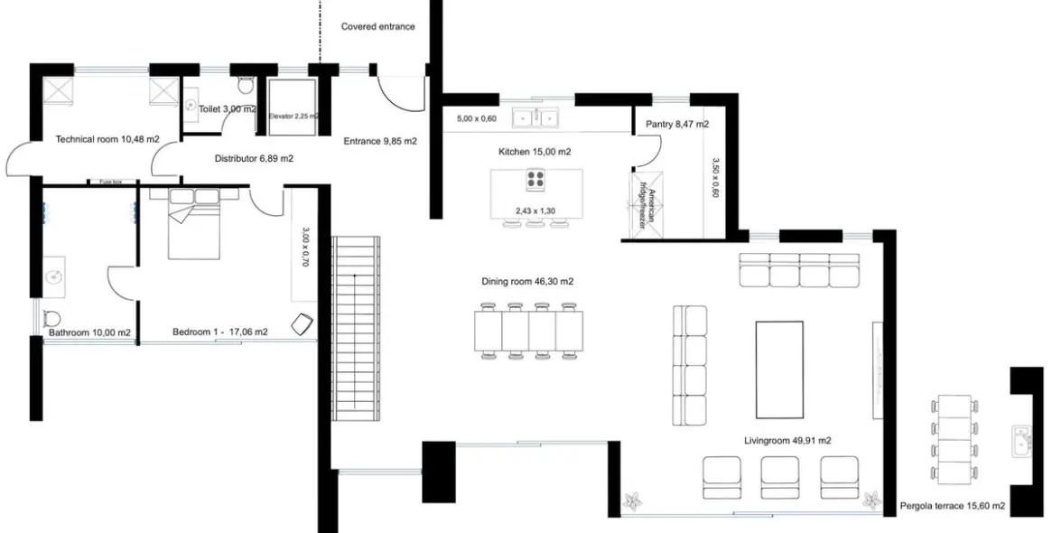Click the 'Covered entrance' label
[x=377, y=26]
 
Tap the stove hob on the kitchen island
[x=535, y=181]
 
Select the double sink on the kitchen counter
[x=537, y=117]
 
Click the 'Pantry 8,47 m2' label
[x=677, y=124]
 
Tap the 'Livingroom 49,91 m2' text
[x=787, y=441]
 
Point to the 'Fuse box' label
[x=111, y=182]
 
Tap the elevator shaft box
[x=293, y=108]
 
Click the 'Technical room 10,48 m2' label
[x=107, y=139]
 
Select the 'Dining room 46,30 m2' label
[x=527, y=282]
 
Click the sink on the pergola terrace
[x=1022, y=441]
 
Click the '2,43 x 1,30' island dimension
[x=535, y=210]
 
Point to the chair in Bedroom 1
[x=303, y=323]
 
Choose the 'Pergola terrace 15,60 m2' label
[x=953, y=507]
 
